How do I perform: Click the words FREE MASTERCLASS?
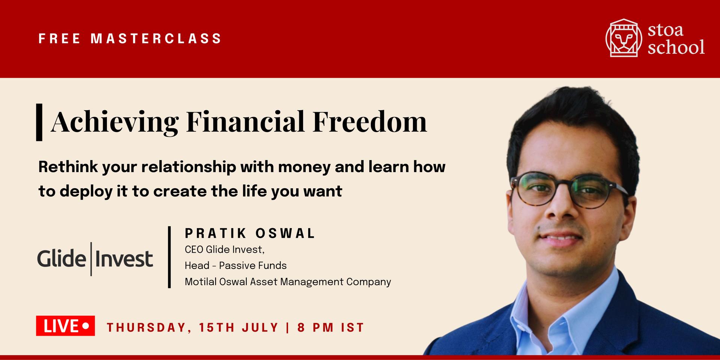pyautogui.click(x=130, y=39)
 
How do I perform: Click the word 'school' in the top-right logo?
pyautogui.click(x=676, y=48)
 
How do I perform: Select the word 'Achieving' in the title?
pyautogui.click(x=115, y=122)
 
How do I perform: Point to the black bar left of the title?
pyautogui.click(x=39, y=122)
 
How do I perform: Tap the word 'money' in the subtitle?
pyautogui.click(x=304, y=168)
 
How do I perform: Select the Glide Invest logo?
pyautogui.click(x=95, y=259)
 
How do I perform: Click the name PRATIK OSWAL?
pyautogui.click(x=250, y=234)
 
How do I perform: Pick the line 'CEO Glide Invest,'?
pyautogui.click(x=225, y=250)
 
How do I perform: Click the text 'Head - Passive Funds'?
pyautogui.click(x=235, y=265)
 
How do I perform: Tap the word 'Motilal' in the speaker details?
pyautogui.click(x=201, y=282)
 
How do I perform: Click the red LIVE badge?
pyautogui.click(x=65, y=326)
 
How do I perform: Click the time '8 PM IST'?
pyautogui.click(x=331, y=327)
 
